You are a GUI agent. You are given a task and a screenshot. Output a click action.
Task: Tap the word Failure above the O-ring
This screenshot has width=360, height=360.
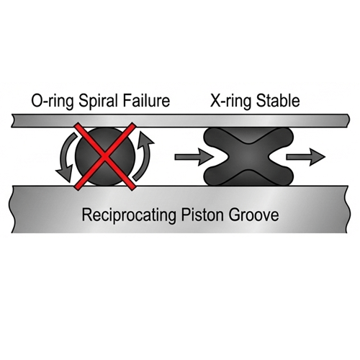(146, 101)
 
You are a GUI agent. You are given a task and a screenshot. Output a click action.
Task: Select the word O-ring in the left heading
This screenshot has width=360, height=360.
(53, 102)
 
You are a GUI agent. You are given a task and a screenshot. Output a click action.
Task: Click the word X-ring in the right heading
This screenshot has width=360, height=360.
(231, 102)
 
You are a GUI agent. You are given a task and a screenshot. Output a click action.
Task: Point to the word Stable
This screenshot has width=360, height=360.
(278, 101)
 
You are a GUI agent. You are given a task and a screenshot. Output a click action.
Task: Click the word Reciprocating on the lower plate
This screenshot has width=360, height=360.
(130, 215)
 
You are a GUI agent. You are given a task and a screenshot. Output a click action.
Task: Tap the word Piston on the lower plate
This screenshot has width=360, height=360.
(202, 215)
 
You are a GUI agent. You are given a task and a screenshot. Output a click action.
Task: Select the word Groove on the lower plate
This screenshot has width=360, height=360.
(253, 215)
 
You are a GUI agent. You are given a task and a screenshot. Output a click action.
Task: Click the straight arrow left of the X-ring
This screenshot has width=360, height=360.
(194, 157)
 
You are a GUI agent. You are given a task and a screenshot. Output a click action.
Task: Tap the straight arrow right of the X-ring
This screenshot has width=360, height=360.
(305, 157)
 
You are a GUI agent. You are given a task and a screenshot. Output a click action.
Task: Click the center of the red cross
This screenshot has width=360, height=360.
(105, 157)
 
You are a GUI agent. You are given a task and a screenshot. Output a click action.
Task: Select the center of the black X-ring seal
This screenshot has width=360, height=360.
(248, 157)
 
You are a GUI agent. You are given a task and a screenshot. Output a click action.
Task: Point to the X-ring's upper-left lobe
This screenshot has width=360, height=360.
(215, 138)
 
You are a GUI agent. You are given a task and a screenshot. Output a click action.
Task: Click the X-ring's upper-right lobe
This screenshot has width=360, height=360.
(283, 138)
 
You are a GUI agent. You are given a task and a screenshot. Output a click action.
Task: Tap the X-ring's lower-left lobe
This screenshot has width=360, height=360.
(215, 176)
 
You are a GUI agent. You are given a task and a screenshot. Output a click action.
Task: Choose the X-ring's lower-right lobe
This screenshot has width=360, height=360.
(283, 176)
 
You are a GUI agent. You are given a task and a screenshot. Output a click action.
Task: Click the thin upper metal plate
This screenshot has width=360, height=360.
(181, 121)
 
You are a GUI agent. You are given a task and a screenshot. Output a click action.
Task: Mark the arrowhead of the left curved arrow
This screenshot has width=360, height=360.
(64, 174)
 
